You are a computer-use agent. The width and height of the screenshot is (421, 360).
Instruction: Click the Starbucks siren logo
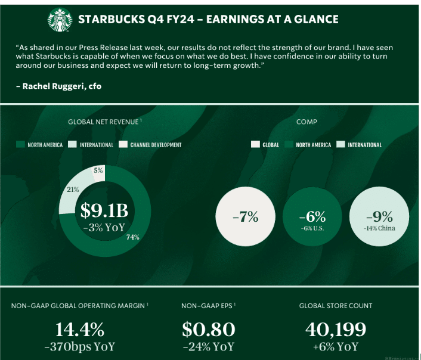point(60,20)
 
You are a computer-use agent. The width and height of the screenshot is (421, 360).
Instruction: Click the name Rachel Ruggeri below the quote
point(53,86)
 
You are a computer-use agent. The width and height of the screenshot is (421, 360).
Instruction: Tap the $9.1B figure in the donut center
point(104,210)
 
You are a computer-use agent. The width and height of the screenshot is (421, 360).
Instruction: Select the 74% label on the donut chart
point(133,237)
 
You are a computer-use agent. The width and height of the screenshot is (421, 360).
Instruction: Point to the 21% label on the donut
point(73,190)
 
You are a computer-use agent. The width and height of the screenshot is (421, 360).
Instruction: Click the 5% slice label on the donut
point(98,170)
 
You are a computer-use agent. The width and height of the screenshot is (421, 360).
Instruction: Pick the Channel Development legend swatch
point(123,144)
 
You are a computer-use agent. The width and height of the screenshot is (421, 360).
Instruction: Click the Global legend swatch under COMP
point(255,144)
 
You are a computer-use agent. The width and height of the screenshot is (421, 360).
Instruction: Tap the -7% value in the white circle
point(246,216)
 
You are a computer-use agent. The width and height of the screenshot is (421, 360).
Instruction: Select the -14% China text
point(379,228)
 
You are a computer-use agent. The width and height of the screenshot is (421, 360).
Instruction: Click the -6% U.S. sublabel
point(312,228)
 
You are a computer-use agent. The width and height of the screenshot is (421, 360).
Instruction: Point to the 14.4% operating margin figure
point(80,330)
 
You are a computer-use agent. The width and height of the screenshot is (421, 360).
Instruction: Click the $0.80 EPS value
point(209,330)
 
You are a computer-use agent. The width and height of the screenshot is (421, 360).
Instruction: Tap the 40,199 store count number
point(336,330)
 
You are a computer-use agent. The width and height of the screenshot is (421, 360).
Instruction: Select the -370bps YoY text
point(80,346)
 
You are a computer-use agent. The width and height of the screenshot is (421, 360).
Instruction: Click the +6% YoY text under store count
point(336,346)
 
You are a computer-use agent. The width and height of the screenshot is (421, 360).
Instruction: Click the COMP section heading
point(307,122)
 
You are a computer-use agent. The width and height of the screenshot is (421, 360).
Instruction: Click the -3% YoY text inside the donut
point(104,227)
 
